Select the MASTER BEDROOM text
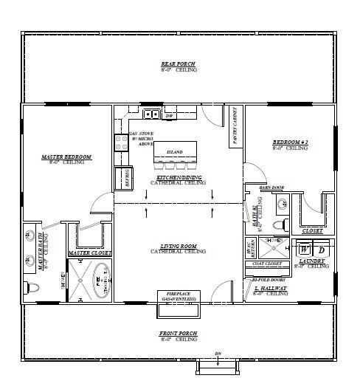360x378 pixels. coord(66,157)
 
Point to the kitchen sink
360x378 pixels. coord(151,114)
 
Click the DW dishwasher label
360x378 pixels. coord(169,116)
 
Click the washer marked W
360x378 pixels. coord(305,250)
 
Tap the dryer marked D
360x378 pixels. coord(321,250)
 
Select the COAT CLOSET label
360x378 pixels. coord(268,264)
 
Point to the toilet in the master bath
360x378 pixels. coord(31,286)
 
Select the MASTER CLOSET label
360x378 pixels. coord(89,253)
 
